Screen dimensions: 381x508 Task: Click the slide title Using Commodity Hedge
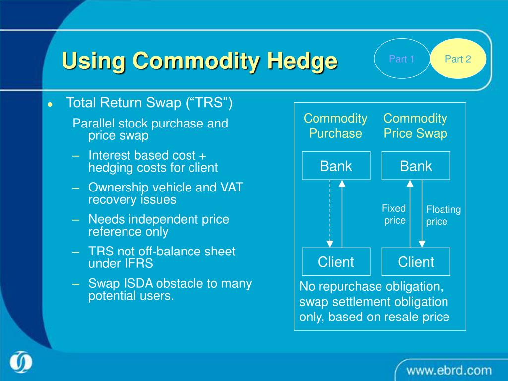point(199,61)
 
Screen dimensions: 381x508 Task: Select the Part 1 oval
point(402,59)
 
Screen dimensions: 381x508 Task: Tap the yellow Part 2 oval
point(457,59)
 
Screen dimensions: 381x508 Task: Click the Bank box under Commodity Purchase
point(336,166)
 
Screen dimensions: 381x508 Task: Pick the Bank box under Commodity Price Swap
point(416,166)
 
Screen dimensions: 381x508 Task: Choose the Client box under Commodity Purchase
point(336,262)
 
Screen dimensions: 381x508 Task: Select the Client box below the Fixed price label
point(416,262)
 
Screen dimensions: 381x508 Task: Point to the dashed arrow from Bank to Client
point(330,213)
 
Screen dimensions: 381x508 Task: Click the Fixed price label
point(394,214)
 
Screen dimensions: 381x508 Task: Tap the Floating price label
point(443,216)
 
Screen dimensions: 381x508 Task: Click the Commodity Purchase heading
point(335,126)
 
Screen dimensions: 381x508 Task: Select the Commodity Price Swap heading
point(415,126)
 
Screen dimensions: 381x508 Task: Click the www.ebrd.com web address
point(449,370)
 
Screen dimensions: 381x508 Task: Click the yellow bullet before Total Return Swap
point(50,105)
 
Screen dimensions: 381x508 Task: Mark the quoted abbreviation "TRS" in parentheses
point(209,103)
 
